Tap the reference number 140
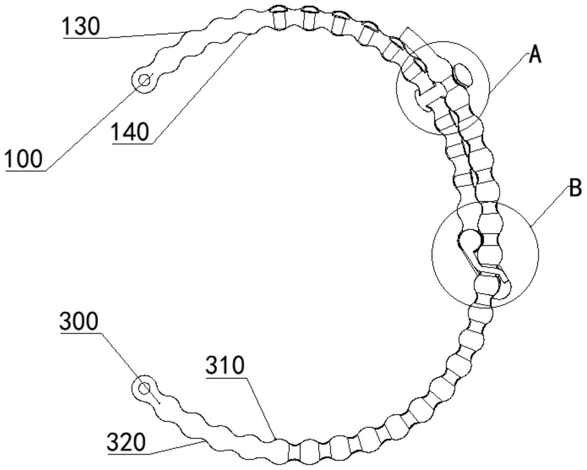point(130,132)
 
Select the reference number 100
point(24,159)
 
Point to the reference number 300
point(79,322)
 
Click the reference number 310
point(225,366)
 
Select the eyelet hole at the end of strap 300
point(144,388)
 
